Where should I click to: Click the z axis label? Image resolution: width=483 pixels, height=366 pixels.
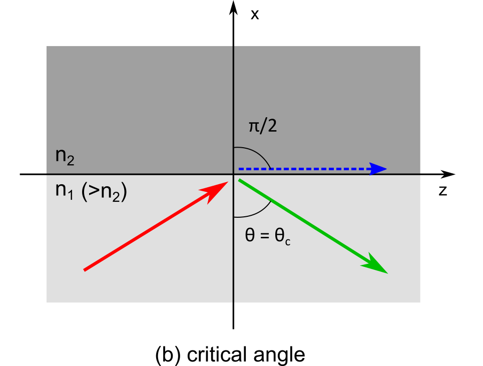(x=442, y=191)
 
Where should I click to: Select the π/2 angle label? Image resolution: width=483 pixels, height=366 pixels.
(x=263, y=126)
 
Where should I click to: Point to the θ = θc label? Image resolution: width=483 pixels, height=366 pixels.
(x=268, y=236)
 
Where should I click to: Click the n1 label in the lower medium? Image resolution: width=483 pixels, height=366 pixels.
(x=64, y=191)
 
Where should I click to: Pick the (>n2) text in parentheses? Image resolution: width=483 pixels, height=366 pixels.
(x=104, y=192)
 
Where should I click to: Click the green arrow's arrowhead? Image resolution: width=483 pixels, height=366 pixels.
(x=376, y=264)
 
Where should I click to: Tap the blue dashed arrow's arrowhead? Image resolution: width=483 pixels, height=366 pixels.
(x=378, y=169)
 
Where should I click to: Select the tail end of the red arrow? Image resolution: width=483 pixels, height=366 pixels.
(x=85, y=270)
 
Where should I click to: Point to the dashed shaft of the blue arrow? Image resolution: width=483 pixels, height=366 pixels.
(x=304, y=169)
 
